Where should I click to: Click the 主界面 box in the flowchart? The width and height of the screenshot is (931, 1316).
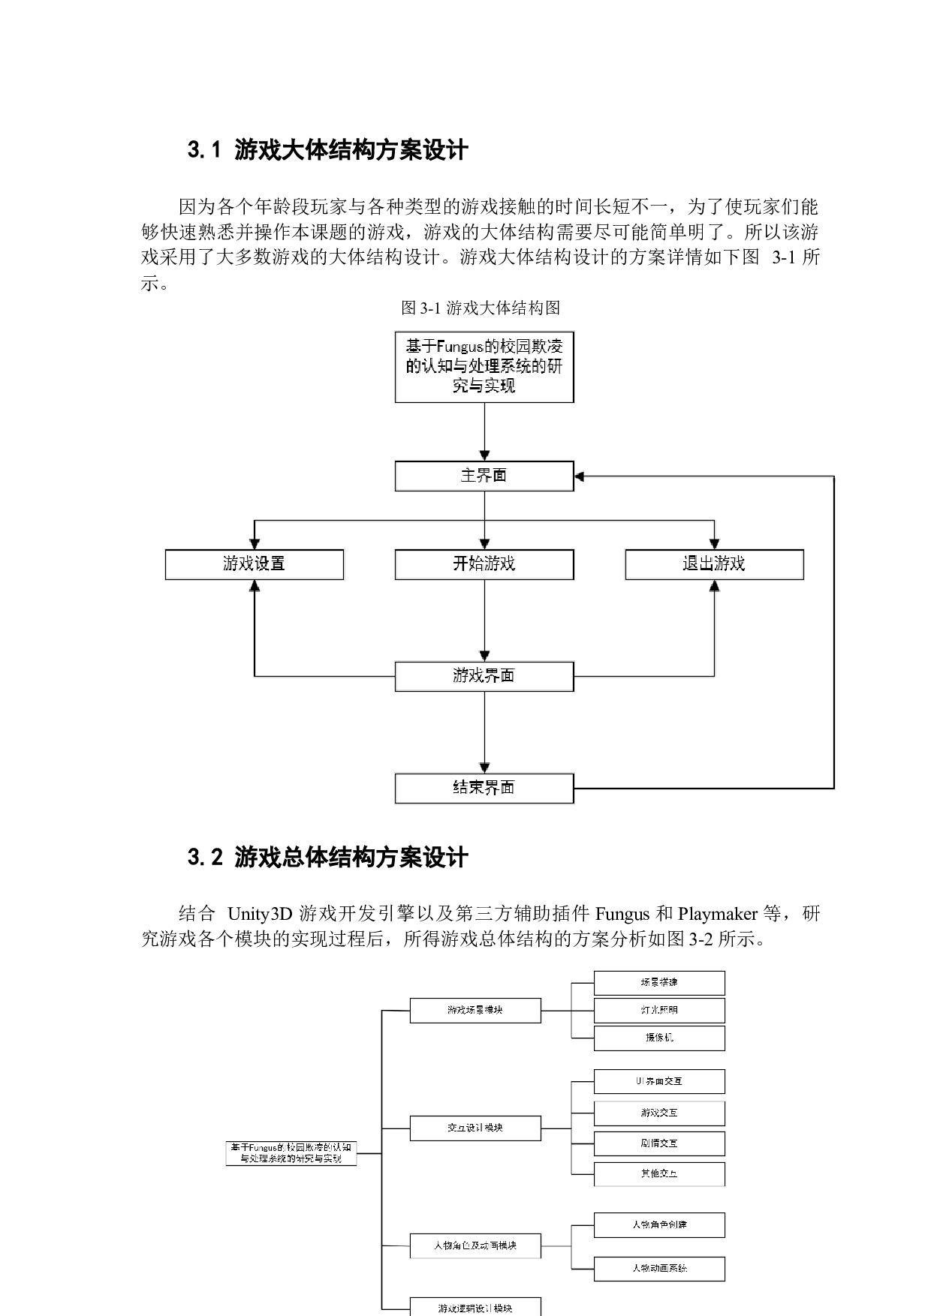[484, 476]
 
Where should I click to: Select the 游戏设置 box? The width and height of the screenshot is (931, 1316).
[254, 564]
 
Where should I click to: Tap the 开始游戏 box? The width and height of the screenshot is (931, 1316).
[484, 564]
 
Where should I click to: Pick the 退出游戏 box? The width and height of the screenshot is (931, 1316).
[714, 564]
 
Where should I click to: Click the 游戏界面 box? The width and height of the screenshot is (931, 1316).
[484, 676]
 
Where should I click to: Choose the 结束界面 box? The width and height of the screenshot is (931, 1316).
[484, 789]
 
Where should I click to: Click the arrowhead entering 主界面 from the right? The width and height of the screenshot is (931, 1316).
[580, 476]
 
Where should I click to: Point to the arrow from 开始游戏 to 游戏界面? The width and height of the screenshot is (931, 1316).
[484, 620]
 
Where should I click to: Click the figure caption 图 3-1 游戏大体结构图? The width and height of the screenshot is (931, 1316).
[481, 308]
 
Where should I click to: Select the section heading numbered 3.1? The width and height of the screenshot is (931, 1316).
[328, 151]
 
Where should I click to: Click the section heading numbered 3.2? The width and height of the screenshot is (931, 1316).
[328, 857]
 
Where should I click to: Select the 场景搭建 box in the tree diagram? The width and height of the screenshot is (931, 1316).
[659, 983]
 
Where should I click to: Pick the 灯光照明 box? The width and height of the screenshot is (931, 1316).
[659, 1010]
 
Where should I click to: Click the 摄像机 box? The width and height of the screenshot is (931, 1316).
[659, 1038]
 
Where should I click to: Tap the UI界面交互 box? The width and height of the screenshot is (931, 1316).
[659, 1081]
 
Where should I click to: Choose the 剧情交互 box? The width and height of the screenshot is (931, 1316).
[659, 1143]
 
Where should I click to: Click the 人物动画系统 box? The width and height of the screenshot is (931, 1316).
[659, 1269]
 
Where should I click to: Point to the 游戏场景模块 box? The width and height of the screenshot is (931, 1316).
[475, 1010]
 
